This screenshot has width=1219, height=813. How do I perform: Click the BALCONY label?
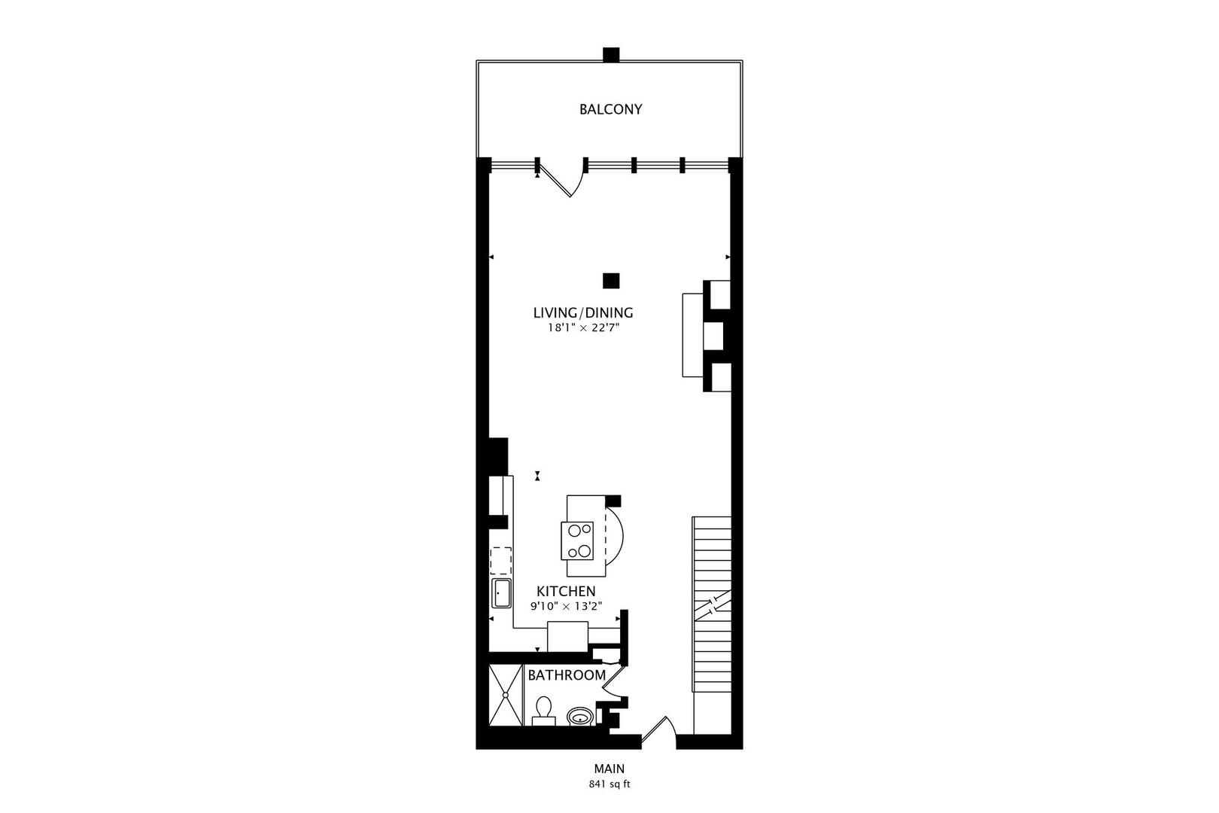click(610, 109)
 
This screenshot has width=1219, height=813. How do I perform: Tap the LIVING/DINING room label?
click(583, 312)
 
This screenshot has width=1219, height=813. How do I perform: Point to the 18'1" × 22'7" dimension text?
click(583, 328)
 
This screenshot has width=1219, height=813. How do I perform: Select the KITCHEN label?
click(566, 592)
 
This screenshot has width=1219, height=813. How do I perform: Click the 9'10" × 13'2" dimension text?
click(566, 606)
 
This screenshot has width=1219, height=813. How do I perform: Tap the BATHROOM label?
click(567, 675)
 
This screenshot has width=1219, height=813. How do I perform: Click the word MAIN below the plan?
click(609, 769)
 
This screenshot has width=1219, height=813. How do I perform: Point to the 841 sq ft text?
click(609, 784)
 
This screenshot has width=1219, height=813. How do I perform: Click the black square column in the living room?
click(611, 281)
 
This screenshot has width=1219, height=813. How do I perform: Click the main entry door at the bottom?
click(658, 733)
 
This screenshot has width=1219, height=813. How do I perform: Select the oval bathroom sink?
click(579, 715)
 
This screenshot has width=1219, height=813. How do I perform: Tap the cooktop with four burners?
click(577, 540)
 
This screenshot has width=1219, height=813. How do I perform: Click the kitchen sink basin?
click(501, 593)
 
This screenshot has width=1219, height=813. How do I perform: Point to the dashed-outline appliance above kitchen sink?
click(501, 562)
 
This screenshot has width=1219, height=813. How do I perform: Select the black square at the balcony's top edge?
click(611, 55)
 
